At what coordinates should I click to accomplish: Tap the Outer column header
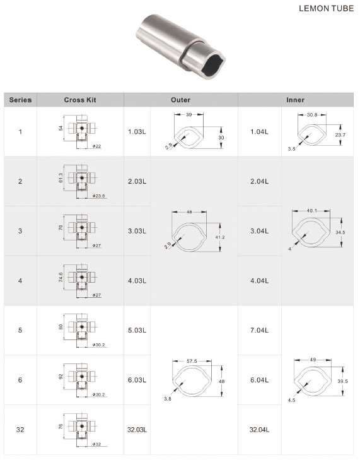[180, 100]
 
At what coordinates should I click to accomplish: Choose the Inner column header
[295, 100]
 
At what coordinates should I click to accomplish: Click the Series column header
[20, 100]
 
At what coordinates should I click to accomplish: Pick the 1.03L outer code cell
[137, 132]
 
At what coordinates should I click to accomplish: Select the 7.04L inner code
[258, 330]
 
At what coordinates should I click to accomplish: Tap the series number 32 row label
[20, 430]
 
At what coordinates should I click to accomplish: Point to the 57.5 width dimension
[190, 361]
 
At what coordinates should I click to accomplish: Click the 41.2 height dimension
[219, 237]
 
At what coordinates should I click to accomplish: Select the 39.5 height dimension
[342, 381]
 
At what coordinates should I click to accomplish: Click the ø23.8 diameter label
[98, 196]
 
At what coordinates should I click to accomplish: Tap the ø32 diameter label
[97, 445]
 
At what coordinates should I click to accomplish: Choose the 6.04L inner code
[258, 380]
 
